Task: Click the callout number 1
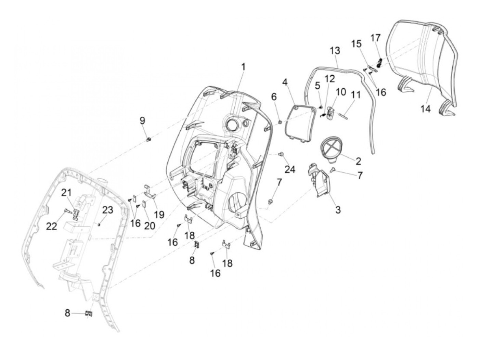[x=243, y=67]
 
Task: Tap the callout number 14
[x=425, y=109]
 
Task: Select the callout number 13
[x=335, y=51]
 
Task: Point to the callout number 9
[x=142, y=120]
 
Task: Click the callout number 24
[x=290, y=169]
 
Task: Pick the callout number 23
[x=108, y=210]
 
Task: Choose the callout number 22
[x=52, y=226]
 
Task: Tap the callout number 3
[x=338, y=210]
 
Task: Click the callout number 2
[x=358, y=161]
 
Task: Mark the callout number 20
[x=150, y=226]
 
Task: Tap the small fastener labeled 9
[x=149, y=139]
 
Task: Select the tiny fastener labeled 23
[x=99, y=225]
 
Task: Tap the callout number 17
[x=375, y=38]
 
